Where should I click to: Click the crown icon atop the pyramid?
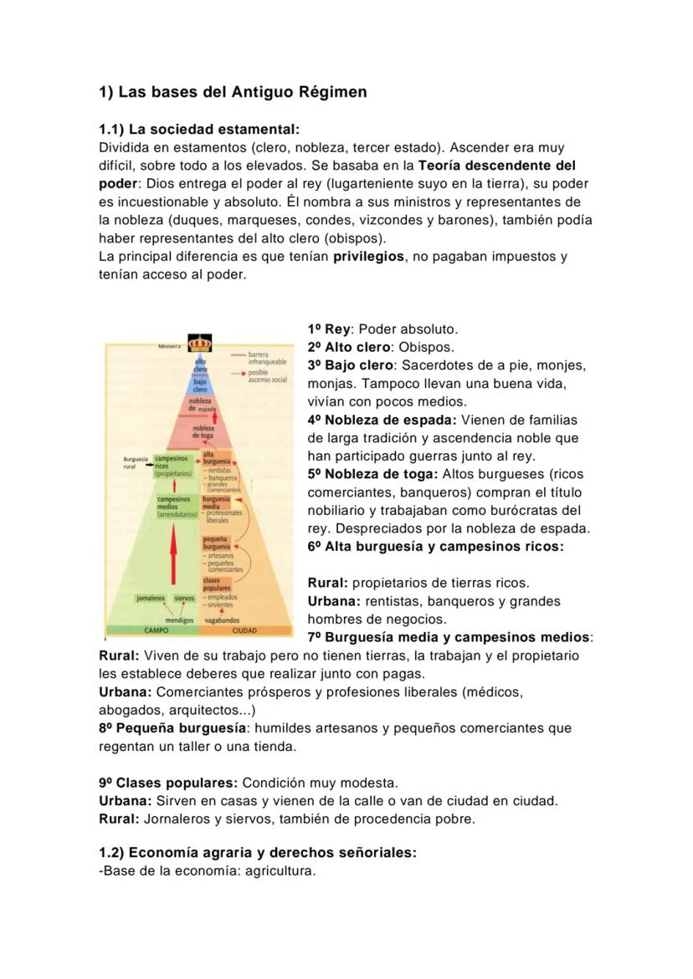coord(201,343)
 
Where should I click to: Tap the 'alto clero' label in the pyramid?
coord(200,365)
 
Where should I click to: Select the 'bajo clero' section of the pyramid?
coord(200,385)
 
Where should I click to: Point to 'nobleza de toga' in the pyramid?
coord(203,431)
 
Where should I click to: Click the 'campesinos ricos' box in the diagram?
coord(172,465)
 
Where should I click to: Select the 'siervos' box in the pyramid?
coord(183,599)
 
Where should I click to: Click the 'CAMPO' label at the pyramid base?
coord(157,630)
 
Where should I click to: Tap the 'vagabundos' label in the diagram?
coord(222,620)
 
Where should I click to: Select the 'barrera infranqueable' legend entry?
coord(266,359)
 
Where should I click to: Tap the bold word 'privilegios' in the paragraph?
coord(368,257)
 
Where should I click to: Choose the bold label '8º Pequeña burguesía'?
coord(172,728)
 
